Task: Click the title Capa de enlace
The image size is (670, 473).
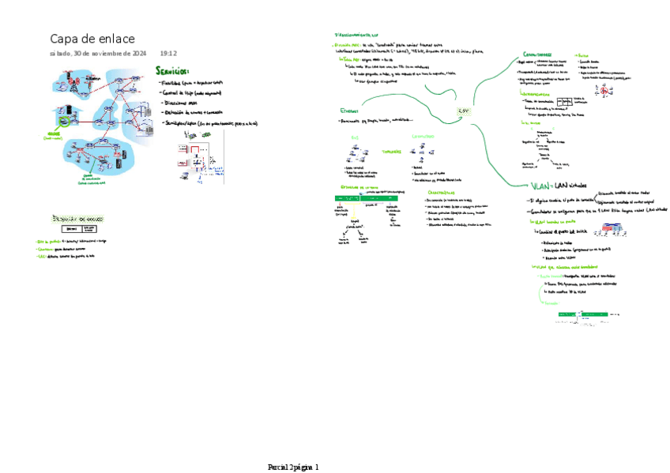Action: coord(92,39)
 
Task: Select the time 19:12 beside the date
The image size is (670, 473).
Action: coord(168,54)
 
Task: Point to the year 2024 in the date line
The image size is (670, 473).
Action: coord(137,54)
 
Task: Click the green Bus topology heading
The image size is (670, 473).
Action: coord(355,136)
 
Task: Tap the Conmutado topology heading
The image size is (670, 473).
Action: coord(423,136)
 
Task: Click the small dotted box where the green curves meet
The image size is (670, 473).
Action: coord(464,111)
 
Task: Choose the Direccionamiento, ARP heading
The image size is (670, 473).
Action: coord(356,36)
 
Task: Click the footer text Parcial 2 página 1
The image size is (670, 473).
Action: coord(293,467)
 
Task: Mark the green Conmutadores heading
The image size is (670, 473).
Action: coord(537,54)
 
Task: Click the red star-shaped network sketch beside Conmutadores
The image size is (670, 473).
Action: coord(605,90)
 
